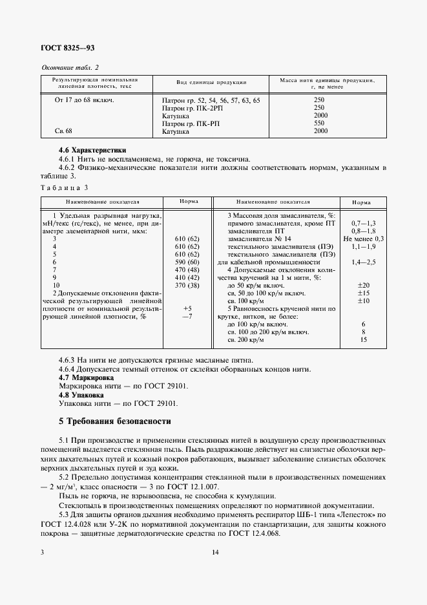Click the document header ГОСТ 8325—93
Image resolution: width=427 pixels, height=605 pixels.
click(x=67, y=48)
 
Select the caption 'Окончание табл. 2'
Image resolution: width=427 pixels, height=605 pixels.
click(x=70, y=67)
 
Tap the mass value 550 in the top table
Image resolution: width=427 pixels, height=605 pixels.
click(x=319, y=123)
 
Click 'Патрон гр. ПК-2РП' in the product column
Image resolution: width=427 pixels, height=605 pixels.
click(x=192, y=108)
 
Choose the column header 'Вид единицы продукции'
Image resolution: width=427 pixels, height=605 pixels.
click(x=211, y=83)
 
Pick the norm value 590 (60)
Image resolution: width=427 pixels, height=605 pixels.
click(x=187, y=262)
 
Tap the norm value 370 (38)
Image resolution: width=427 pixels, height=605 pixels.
click(x=187, y=285)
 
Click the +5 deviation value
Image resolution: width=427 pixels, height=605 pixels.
click(x=187, y=308)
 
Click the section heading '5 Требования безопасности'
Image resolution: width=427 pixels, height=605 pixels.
click(x=115, y=421)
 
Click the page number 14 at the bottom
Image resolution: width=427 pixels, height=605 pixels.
click(x=215, y=552)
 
